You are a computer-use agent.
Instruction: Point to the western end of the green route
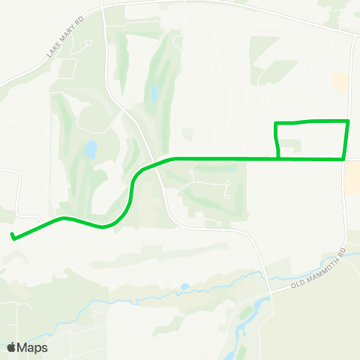[13, 237]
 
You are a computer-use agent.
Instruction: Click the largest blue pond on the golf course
[91, 149]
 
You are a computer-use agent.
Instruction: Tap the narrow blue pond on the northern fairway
[154, 94]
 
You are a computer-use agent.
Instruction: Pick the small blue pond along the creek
[184, 286]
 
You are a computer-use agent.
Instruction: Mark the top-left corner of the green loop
[276, 123]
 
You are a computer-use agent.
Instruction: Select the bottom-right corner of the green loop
[344, 158]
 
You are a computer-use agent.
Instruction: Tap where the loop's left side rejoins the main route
[279, 157]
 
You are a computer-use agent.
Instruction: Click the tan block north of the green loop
[341, 82]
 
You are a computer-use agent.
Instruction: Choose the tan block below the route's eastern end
[352, 177]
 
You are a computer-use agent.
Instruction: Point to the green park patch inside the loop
[291, 144]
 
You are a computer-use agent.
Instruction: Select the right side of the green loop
[346, 139]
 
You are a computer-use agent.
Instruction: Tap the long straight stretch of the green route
[225, 158]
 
